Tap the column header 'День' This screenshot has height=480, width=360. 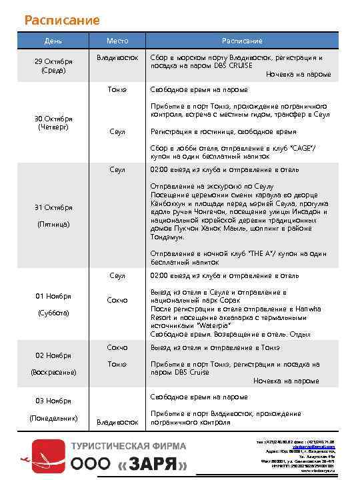(54, 41)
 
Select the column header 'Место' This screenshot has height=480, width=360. (117, 41)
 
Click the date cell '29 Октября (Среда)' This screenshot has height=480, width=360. (54, 65)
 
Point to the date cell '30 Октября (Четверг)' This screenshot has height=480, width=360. (54, 123)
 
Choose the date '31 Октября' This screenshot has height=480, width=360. (54, 207)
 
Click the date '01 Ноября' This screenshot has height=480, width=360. (54, 295)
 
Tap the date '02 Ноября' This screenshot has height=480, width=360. (54, 355)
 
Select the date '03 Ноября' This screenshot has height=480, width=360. (54, 401)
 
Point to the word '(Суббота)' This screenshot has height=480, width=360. (54, 312)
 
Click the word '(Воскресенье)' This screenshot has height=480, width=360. (54, 372)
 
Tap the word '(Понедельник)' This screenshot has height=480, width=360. (54, 418)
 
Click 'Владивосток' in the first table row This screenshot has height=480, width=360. (117, 58)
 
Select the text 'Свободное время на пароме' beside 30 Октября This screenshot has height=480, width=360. (199, 89)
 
